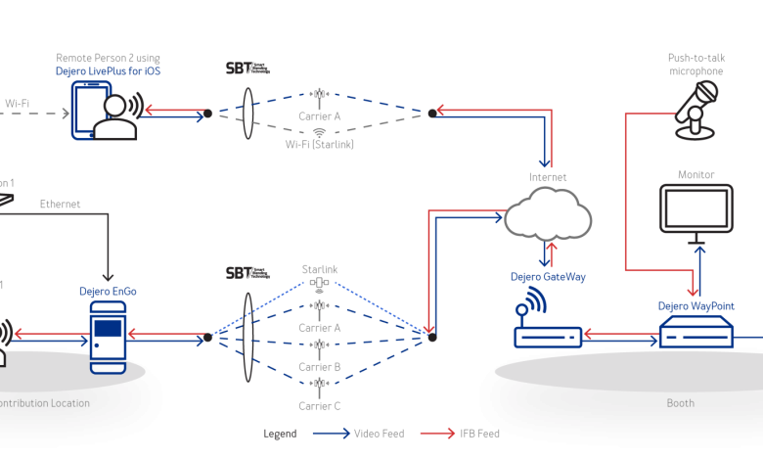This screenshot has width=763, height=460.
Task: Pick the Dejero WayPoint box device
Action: coord(696,333)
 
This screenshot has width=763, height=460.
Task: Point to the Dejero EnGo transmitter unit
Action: coord(109,335)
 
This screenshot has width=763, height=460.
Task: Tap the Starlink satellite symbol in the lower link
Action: coord(319,284)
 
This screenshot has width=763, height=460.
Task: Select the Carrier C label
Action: coord(319,406)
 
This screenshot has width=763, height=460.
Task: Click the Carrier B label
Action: coord(319,367)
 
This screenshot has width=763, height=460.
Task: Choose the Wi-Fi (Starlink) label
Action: coord(319,144)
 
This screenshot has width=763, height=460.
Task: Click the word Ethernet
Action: coord(60,204)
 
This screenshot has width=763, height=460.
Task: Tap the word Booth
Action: coord(680,403)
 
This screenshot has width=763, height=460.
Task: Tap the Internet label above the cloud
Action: coord(547,177)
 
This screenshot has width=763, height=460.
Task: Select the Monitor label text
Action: coord(696,174)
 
